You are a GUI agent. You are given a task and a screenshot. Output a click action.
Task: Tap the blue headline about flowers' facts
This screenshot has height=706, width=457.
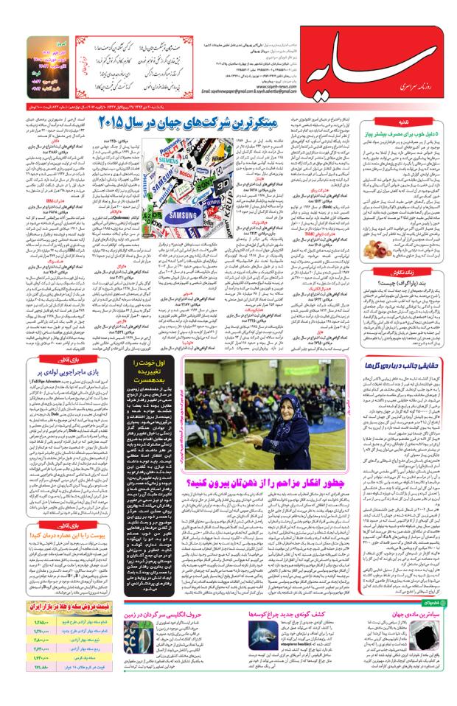coord(402,363)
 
